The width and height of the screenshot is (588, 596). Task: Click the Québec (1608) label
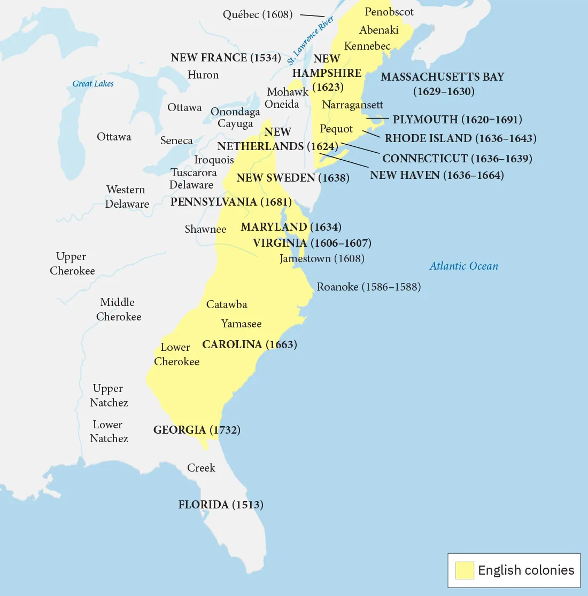pyautogui.click(x=258, y=14)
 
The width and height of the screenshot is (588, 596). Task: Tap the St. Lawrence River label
pyautogui.click(x=311, y=37)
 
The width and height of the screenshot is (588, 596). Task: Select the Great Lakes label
pyautogui.click(x=93, y=83)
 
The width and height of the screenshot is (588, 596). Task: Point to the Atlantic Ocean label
pyautogui.click(x=463, y=266)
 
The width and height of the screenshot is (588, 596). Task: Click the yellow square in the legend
pyautogui.click(x=465, y=570)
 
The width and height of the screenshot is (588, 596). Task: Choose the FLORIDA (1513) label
pyautogui.click(x=221, y=505)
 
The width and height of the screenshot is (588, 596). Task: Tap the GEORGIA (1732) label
pyautogui.click(x=197, y=430)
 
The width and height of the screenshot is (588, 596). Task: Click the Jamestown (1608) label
pyautogui.click(x=322, y=258)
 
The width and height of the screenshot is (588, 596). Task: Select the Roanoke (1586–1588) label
pyautogui.click(x=369, y=287)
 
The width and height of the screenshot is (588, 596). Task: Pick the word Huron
pyautogui.click(x=203, y=75)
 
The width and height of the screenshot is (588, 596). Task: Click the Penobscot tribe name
pyautogui.click(x=389, y=12)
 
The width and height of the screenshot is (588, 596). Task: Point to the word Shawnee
pyautogui.click(x=205, y=229)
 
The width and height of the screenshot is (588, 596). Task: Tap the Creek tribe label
pyautogui.click(x=201, y=468)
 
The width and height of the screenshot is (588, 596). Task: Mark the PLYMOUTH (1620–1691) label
pyautogui.click(x=457, y=120)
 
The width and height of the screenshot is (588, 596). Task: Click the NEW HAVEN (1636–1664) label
pyautogui.click(x=437, y=175)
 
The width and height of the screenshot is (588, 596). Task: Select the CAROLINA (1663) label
pyautogui.click(x=250, y=344)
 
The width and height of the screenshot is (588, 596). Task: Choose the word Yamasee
pyautogui.click(x=242, y=324)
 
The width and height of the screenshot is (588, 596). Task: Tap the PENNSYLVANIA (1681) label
pyautogui.click(x=231, y=202)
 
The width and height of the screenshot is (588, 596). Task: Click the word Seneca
pyautogui.click(x=176, y=140)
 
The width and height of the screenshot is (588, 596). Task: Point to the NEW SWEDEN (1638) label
pyautogui.click(x=293, y=178)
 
